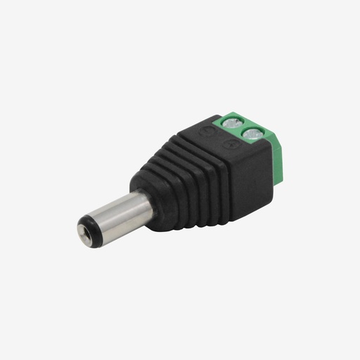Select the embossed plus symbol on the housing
(232, 143)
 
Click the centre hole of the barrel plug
(84, 233)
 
